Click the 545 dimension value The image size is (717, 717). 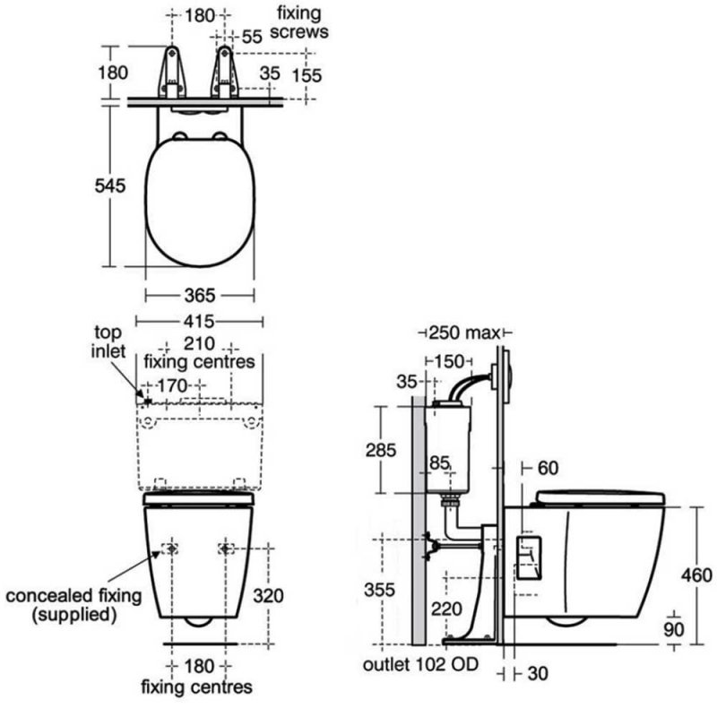(109, 186)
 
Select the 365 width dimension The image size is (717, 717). (200, 296)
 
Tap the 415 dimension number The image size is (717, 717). (199, 322)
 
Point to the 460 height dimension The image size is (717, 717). (696, 574)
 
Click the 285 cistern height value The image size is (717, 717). (380, 450)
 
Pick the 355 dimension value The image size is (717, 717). (379, 590)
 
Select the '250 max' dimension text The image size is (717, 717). (464, 333)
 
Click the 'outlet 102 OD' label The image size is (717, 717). (420, 664)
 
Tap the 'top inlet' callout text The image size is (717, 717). (108, 341)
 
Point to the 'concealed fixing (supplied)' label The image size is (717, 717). (73, 604)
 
